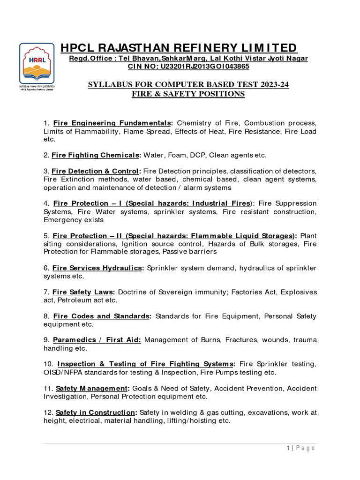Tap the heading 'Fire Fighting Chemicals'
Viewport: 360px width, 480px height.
coord(96,155)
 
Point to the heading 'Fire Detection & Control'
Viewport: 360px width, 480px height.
coord(96,171)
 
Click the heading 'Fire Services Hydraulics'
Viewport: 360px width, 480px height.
coord(97,268)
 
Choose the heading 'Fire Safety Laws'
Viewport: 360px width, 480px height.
coord(82,292)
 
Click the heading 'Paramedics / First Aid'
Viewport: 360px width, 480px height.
coord(97,340)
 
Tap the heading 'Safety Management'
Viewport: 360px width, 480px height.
coord(92,388)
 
